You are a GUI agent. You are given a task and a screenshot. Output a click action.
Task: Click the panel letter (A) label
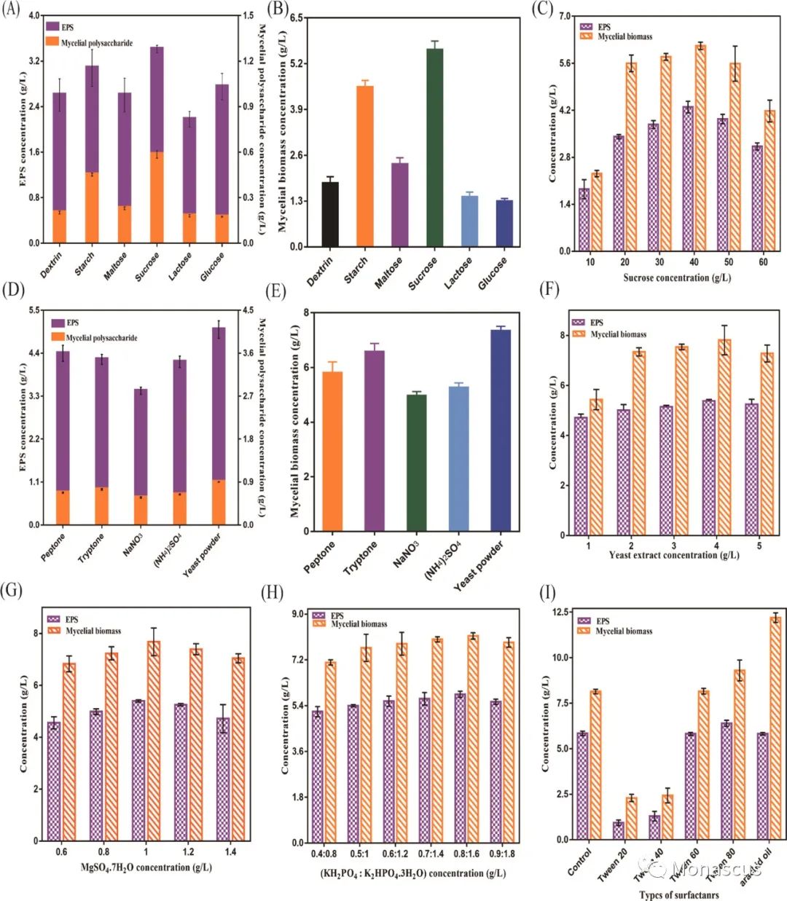[x=11, y=12]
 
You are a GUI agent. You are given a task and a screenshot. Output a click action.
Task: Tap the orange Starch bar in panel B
[x=365, y=166]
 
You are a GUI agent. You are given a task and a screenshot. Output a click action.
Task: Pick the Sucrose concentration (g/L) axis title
[x=677, y=278]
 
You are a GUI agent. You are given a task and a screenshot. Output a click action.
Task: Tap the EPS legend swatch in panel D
[x=57, y=323]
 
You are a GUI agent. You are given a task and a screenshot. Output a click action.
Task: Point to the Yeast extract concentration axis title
[x=673, y=555]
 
